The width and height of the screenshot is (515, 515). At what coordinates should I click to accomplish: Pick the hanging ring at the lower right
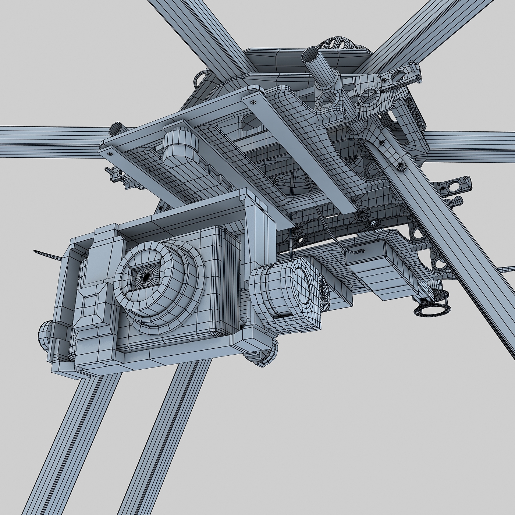click(x=431, y=308)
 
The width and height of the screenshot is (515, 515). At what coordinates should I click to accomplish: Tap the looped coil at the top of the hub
click(x=340, y=43)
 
